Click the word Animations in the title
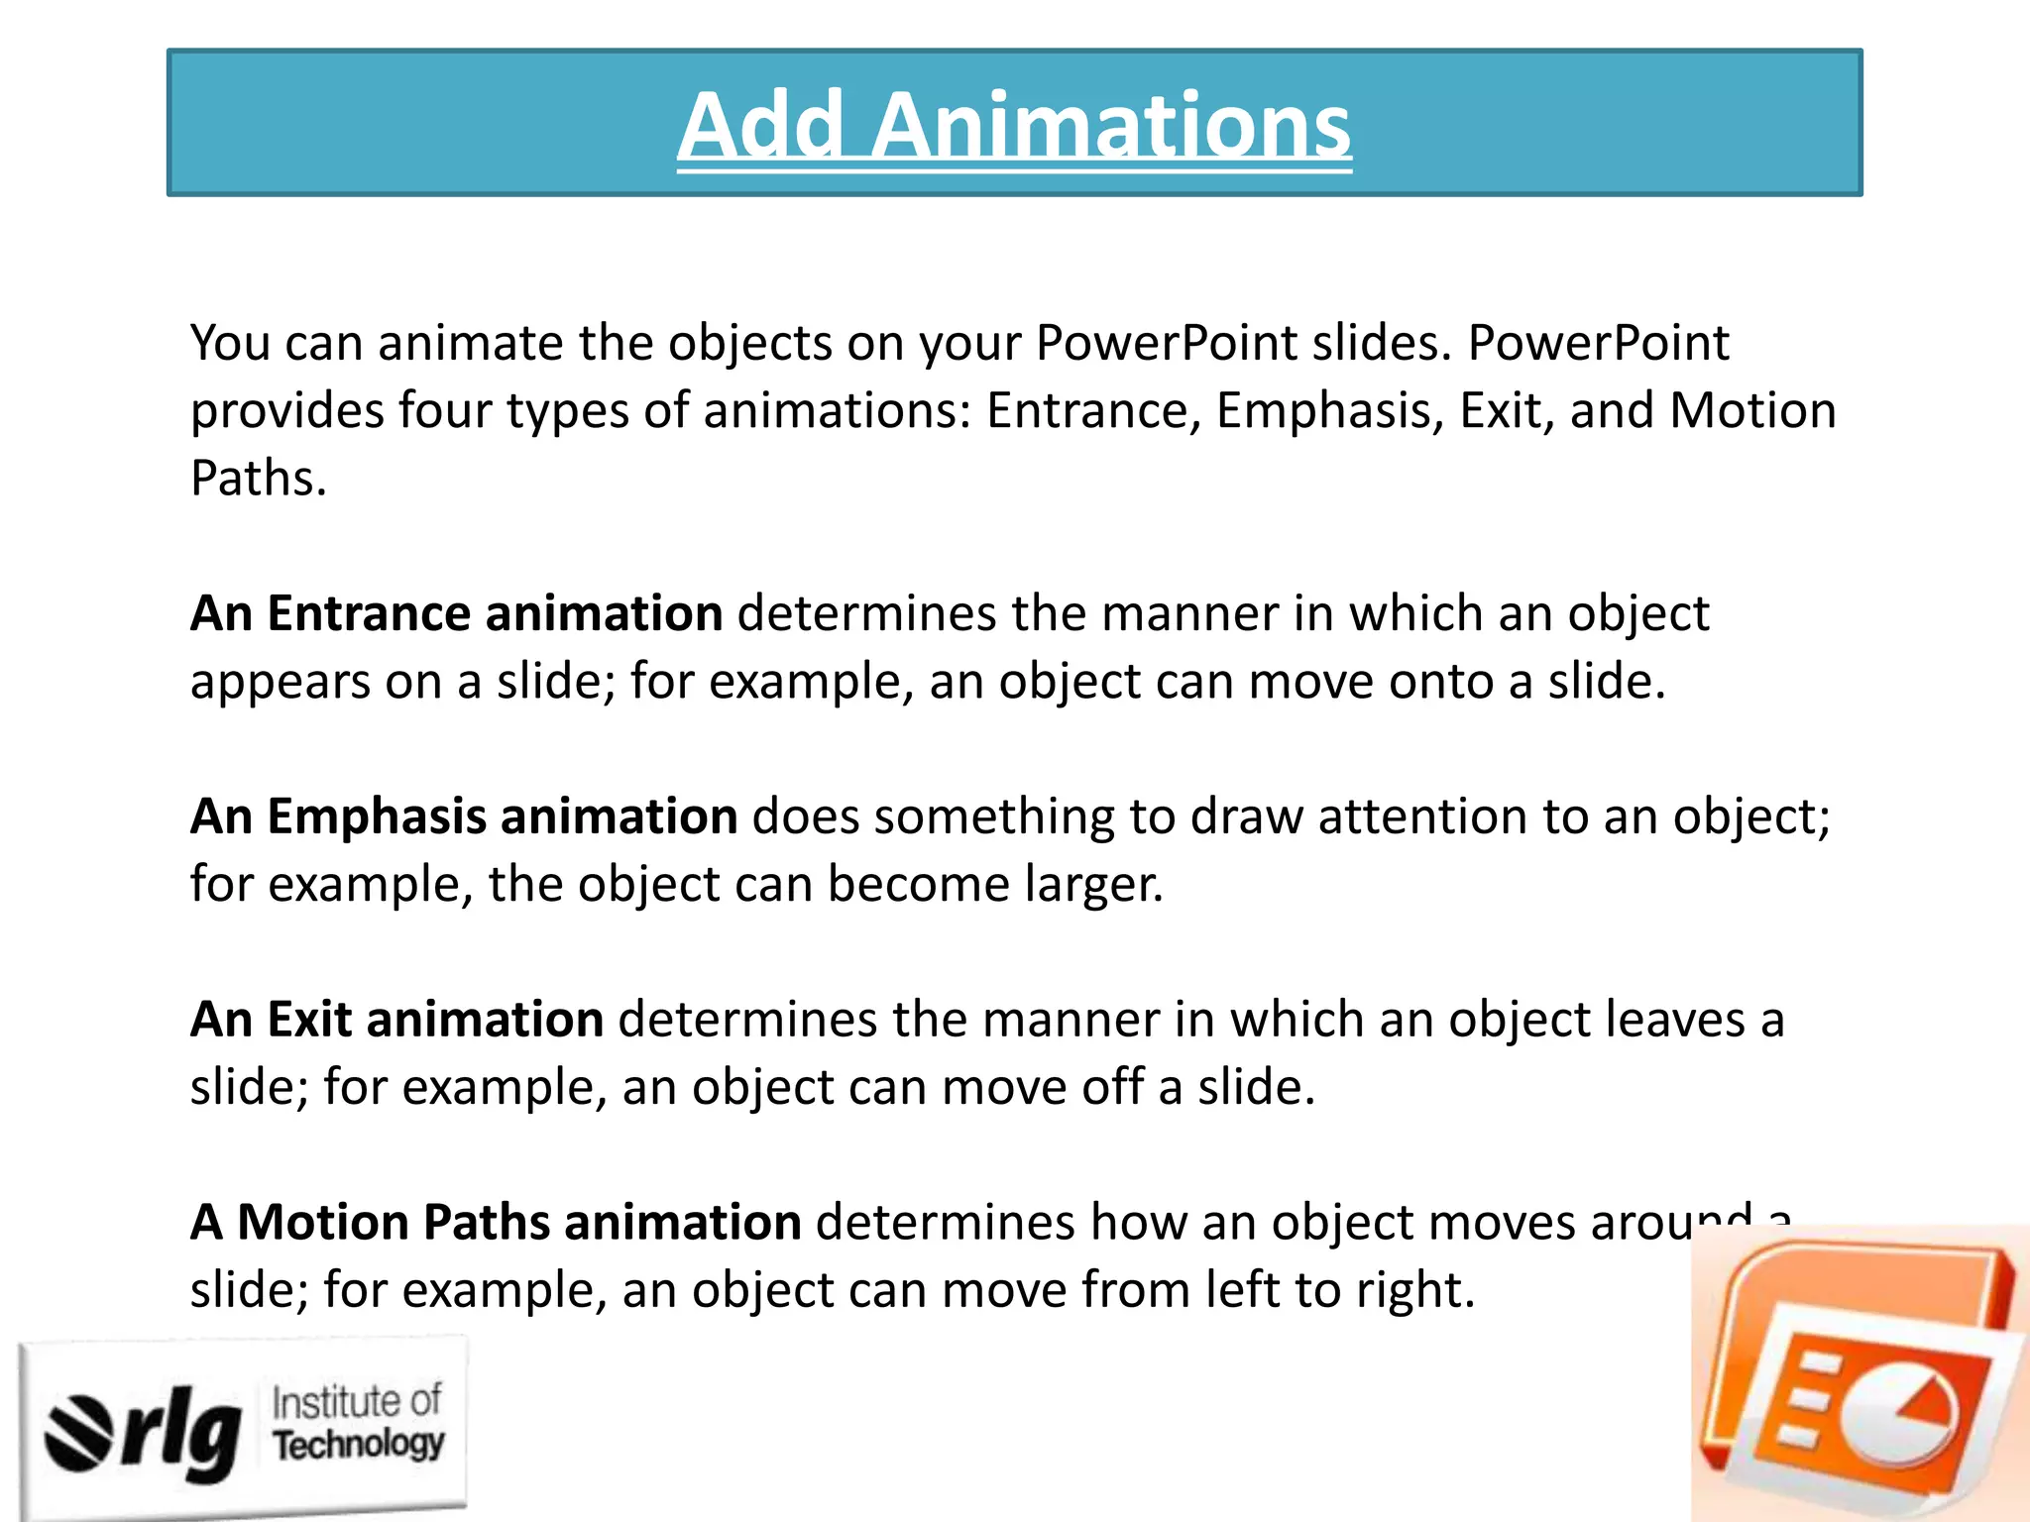click(1111, 126)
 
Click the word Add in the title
click(760, 126)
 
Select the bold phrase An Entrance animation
click(456, 613)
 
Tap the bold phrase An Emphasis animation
click(463, 816)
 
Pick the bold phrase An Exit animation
click(396, 1020)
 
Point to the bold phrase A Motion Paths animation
click(496, 1222)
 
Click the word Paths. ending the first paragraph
click(258, 479)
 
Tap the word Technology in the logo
click(359, 1445)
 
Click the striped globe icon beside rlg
click(77, 1432)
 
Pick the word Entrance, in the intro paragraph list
click(1094, 411)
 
